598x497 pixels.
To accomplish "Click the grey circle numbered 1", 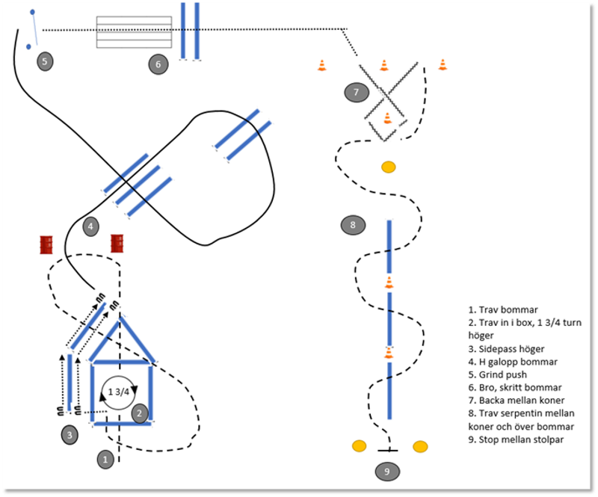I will (106, 459).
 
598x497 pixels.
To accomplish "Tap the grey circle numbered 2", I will (140, 413).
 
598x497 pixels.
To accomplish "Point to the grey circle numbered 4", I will (90, 226).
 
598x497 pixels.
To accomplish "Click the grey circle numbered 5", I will (45, 61).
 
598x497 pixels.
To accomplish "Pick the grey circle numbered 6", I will (158, 65).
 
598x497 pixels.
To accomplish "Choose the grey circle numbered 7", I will (357, 93).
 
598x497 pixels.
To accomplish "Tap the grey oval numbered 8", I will (353, 224).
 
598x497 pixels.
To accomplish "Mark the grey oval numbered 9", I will (386, 471).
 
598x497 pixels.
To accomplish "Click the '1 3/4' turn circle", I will (117, 392).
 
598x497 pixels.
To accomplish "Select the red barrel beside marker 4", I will (117, 244).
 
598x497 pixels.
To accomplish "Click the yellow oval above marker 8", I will (388, 167).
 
